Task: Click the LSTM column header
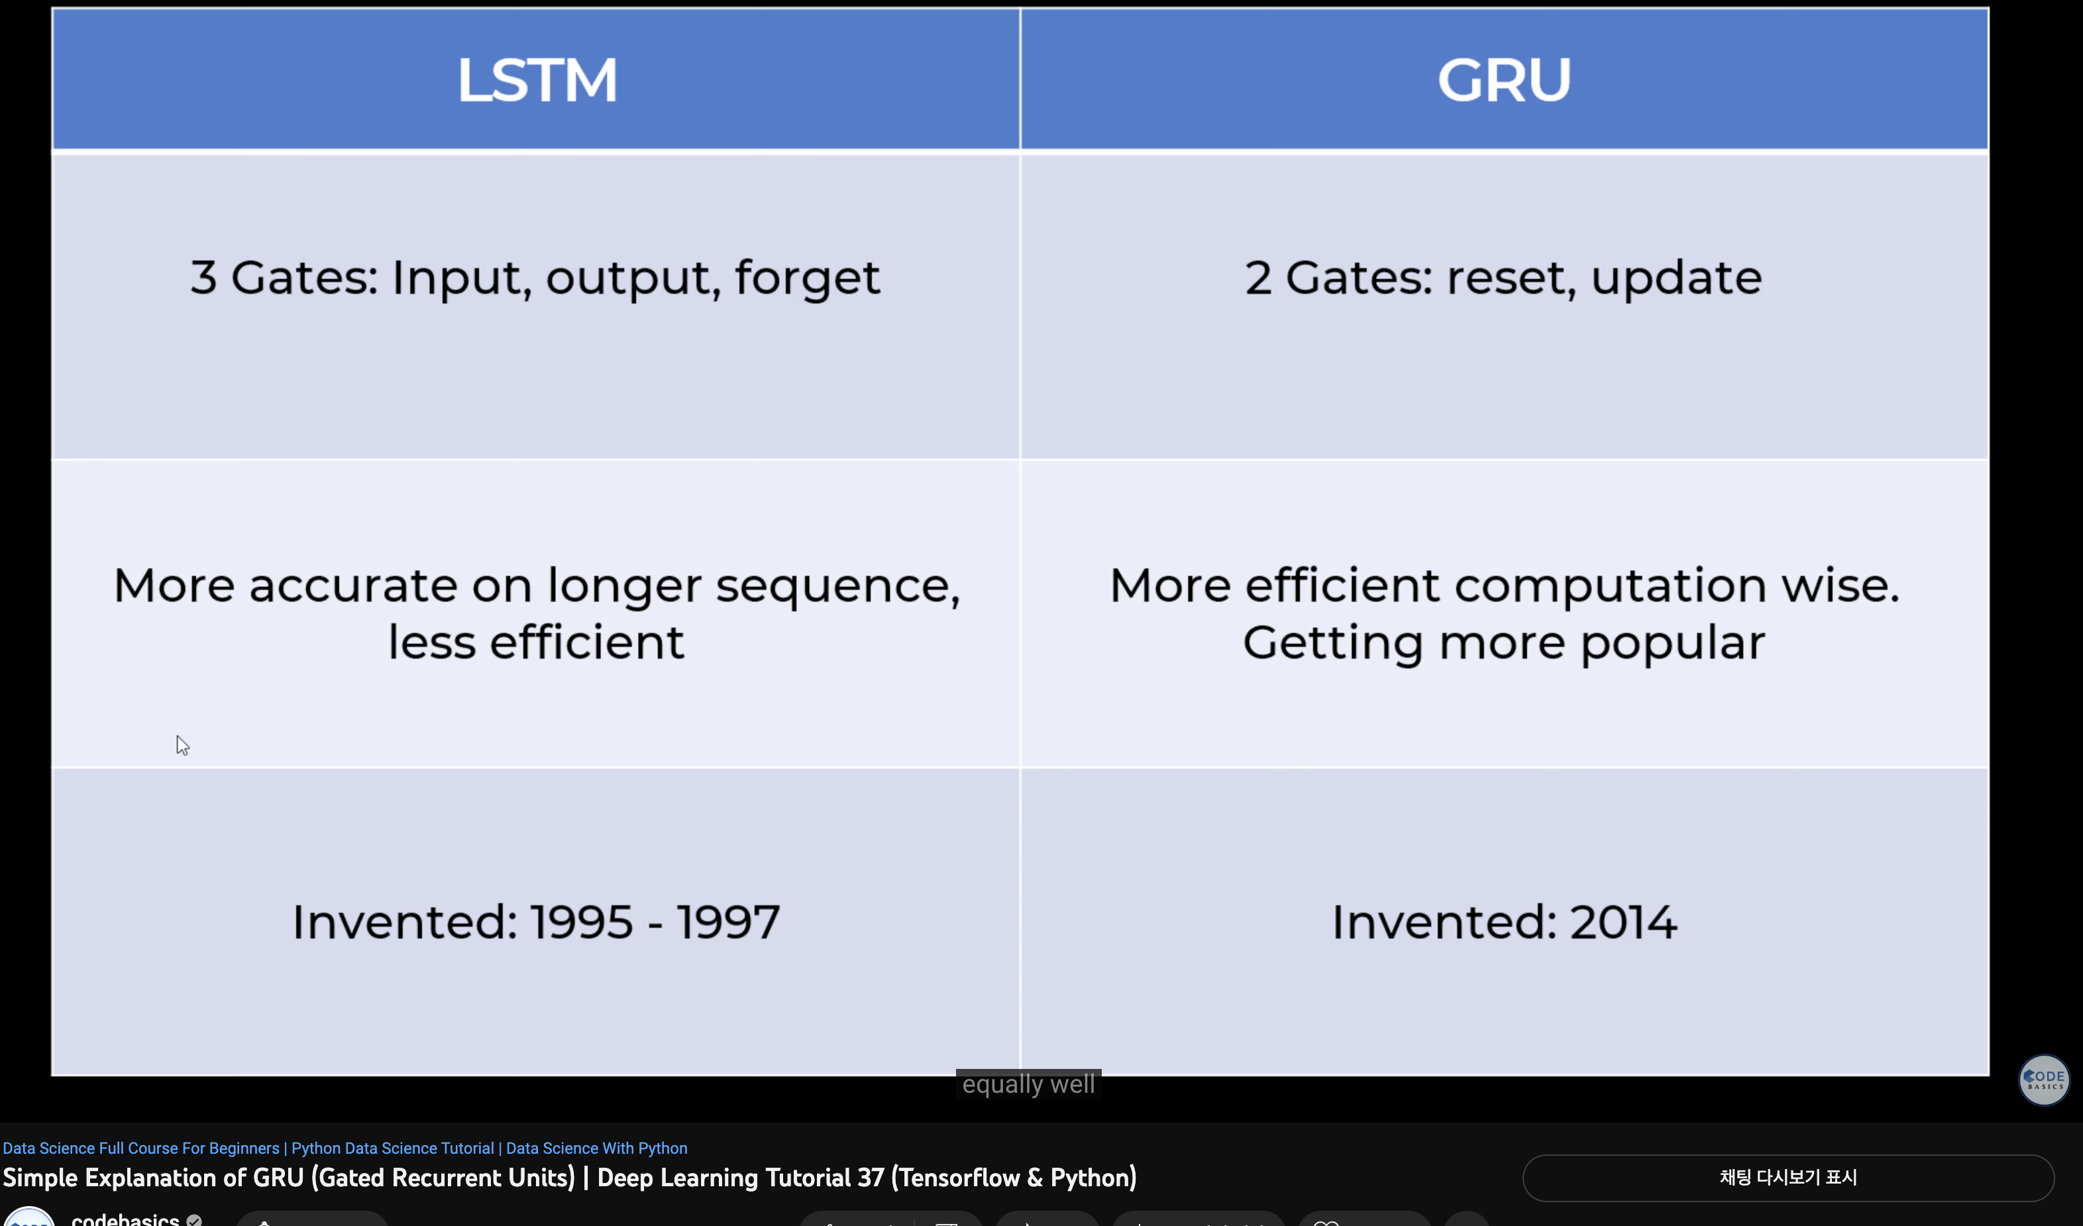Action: coord(537,80)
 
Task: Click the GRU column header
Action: coord(1503,80)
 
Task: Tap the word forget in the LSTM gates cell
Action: coord(807,278)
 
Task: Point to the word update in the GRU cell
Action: coord(1676,278)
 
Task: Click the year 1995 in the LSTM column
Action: coord(581,922)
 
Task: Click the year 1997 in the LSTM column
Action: coord(728,922)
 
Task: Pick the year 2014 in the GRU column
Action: coord(1623,922)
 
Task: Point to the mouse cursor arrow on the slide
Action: coord(182,745)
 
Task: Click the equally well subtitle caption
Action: coord(1028,1084)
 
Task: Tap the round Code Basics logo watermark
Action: coord(2043,1080)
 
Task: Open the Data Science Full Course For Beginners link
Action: coord(140,1148)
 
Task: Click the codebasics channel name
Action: coord(126,1219)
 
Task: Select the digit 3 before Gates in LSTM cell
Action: coord(203,278)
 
